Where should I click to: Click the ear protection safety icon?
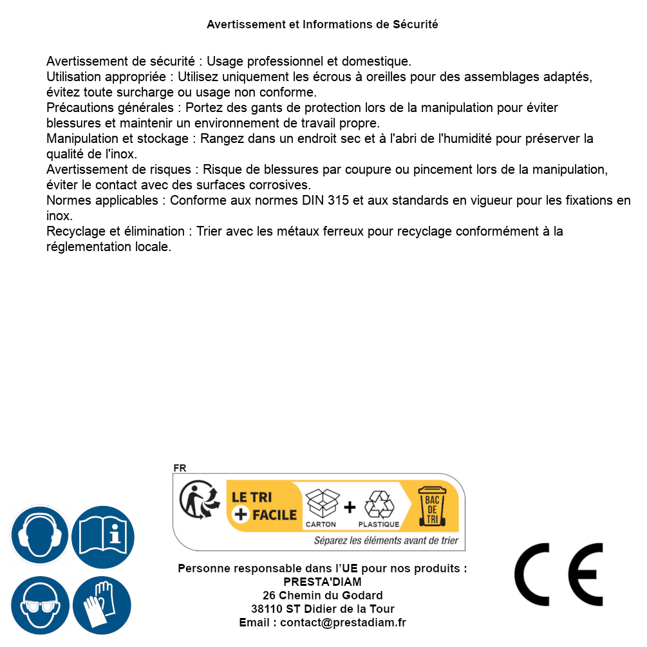(x=39, y=535)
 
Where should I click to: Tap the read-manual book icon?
(x=103, y=535)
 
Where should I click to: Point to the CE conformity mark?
(x=559, y=575)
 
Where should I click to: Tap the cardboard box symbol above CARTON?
(x=321, y=503)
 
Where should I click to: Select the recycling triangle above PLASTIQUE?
(x=379, y=505)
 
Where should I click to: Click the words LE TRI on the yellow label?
(x=252, y=497)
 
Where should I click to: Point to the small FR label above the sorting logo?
(x=180, y=468)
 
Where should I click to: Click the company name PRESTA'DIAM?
(x=323, y=582)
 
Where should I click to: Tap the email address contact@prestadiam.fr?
(x=343, y=623)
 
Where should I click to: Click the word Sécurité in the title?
(x=415, y=24)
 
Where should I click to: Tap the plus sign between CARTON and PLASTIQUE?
(x=350, y=507)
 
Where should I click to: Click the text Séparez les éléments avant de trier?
(x=386, y=541)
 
